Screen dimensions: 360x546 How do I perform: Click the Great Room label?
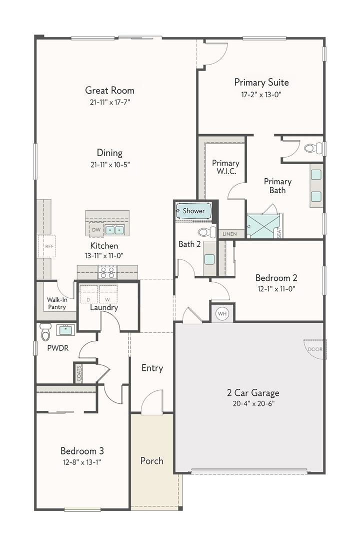click(109, 91)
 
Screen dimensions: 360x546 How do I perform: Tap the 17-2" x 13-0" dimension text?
click(261, 95)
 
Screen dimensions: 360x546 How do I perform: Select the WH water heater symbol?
click(222, 314)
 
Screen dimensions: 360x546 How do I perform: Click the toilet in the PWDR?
click(45, 332)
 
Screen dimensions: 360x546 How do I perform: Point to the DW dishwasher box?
click(96, 230)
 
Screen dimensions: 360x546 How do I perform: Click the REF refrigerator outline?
click(46, 246)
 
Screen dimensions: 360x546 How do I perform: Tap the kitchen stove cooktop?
click(107, 272)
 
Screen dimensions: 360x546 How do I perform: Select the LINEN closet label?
click(229, 234)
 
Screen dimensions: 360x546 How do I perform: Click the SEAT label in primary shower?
click(278, 232)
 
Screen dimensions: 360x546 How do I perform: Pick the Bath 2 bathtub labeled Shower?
click(193, 211)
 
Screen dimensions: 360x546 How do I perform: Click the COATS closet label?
click(79, 373)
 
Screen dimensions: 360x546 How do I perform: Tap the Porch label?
click(151, 461)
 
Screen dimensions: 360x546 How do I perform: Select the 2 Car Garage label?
click(253, 393)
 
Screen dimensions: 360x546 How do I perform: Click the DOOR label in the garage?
click(315, 349)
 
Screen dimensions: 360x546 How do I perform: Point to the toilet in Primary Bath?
click(313, 148)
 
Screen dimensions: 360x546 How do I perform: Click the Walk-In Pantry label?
click(57, 303)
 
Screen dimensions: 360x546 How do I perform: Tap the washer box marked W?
click(108, 294)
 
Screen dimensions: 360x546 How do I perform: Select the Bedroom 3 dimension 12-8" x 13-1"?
click(81, 462)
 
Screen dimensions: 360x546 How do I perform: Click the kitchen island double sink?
click(114, 230)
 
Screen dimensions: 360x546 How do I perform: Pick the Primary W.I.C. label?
click(225, 167)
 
